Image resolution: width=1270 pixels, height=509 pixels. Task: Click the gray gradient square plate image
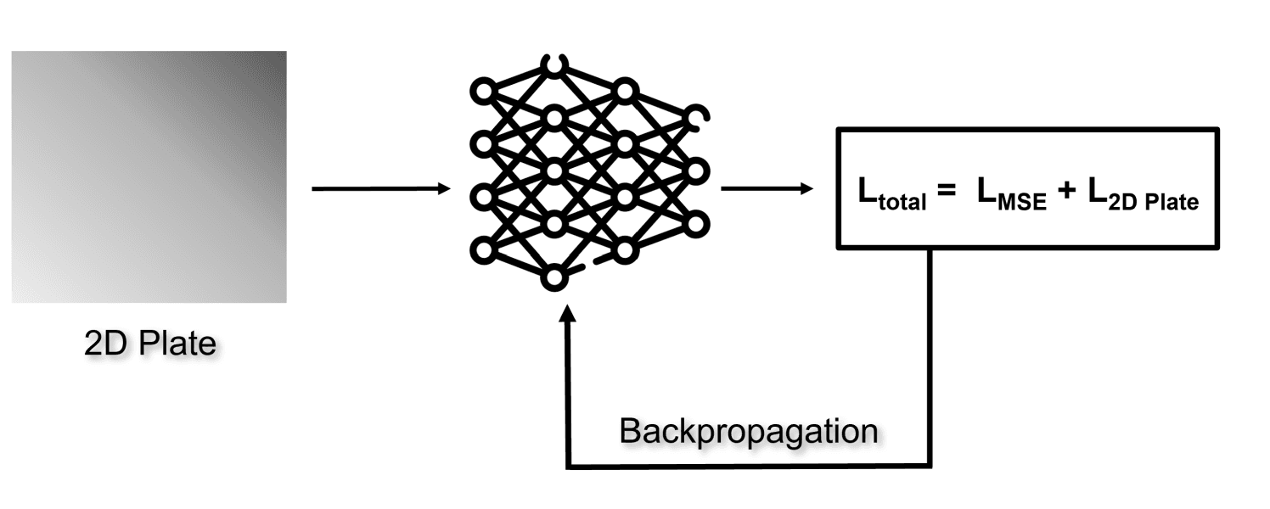point(149,176)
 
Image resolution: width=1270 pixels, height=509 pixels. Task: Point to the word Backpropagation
point(748,431)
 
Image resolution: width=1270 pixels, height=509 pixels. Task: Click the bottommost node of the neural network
point(554,277)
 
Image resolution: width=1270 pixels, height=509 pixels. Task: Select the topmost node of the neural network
point(554,64)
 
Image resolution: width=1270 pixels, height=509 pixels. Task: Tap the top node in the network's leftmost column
point(482,90)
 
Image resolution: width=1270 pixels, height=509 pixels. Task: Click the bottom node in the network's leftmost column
point(482,250)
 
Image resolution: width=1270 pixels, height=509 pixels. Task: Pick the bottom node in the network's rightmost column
point(696,224)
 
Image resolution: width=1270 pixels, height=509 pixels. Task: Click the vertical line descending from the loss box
point(931,356)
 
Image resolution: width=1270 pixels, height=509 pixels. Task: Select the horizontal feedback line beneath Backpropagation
point(747,466)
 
